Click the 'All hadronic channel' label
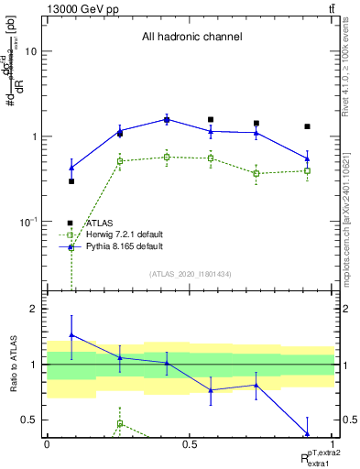click(191, 38)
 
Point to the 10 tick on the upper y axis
click(30, 51)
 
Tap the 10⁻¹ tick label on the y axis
click(27, 222)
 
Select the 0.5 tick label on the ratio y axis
click(28, 420)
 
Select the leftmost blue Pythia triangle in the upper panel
click(71, 168)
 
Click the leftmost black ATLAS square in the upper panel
click(71, 181)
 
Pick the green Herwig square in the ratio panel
click(119, 424)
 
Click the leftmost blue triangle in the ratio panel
click(71, 335)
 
